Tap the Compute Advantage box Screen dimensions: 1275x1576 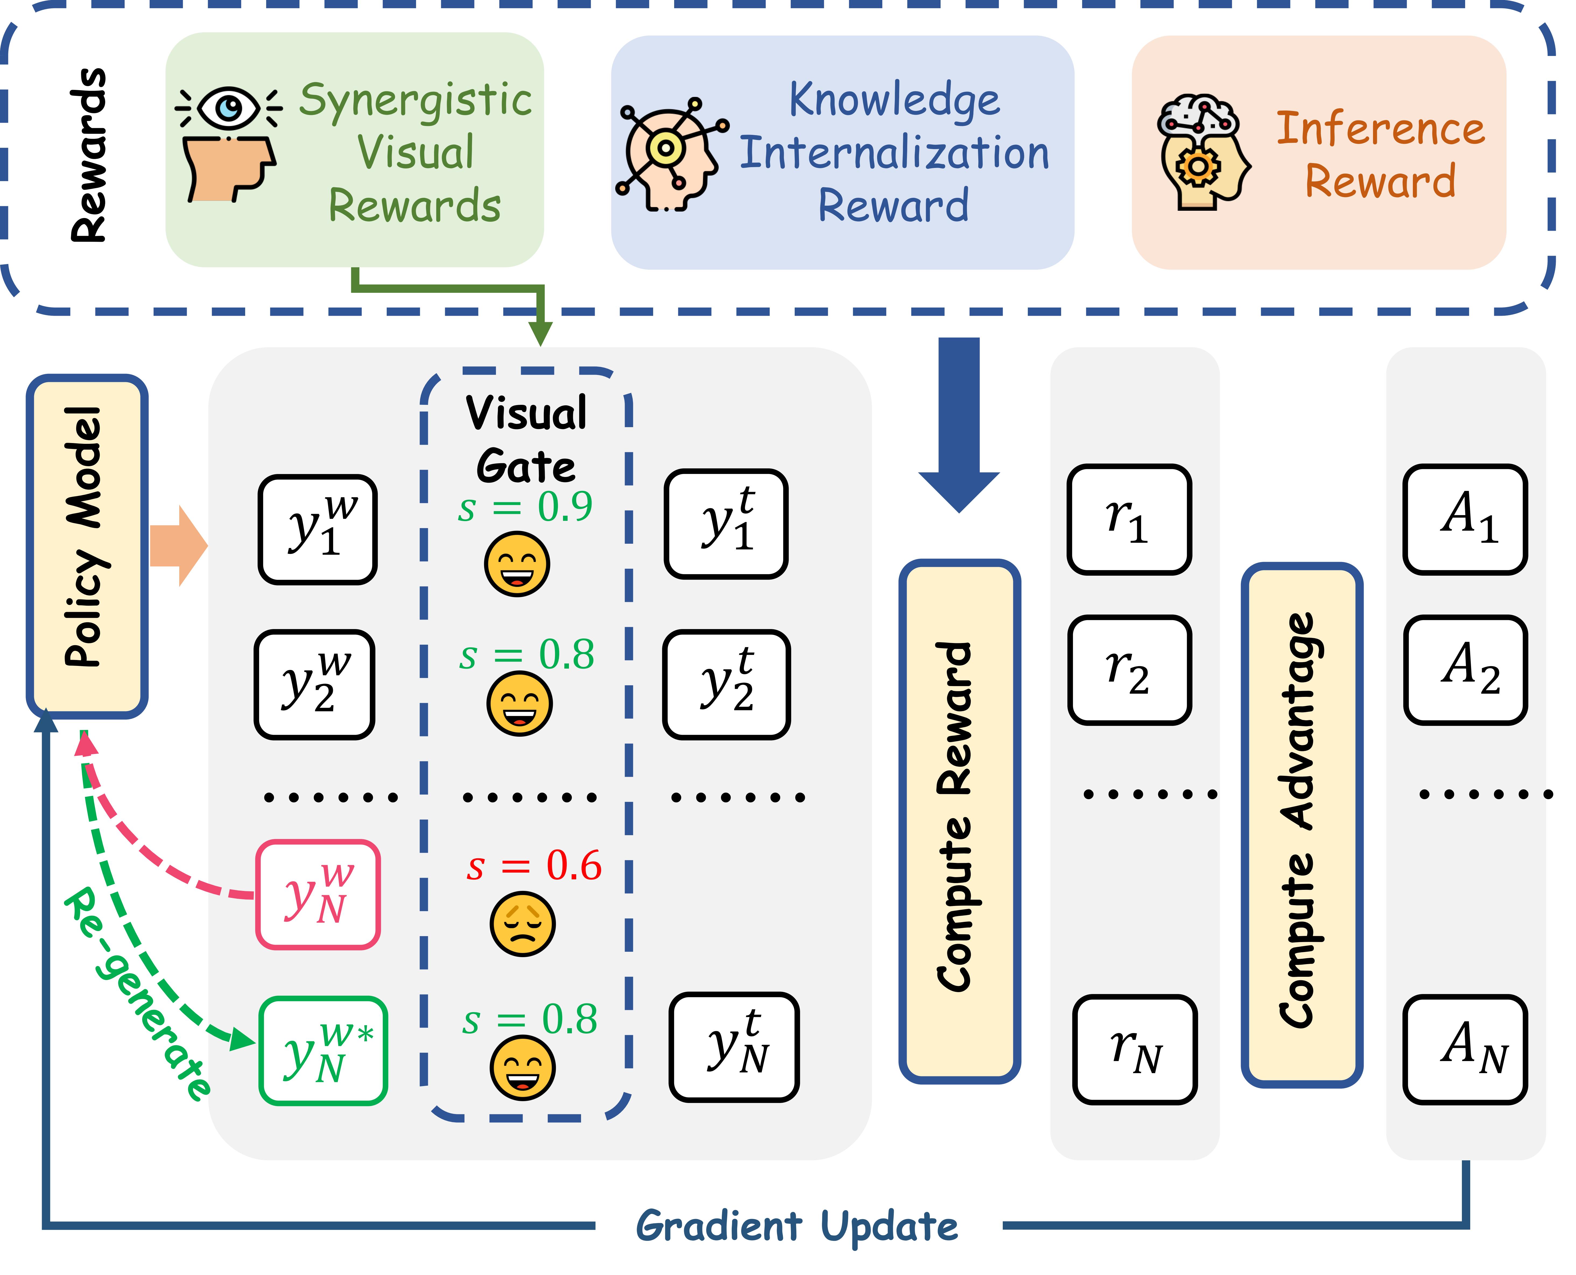(1301, 824)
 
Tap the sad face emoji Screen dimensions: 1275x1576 (522, 924)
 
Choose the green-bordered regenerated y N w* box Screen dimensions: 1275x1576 (323, 1050)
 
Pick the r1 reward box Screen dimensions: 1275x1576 (1129, 519)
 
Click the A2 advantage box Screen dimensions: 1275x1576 (1465, 670)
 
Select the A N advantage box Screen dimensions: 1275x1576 (1465, 1049)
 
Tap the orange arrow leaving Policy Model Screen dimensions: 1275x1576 (178, 546)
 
